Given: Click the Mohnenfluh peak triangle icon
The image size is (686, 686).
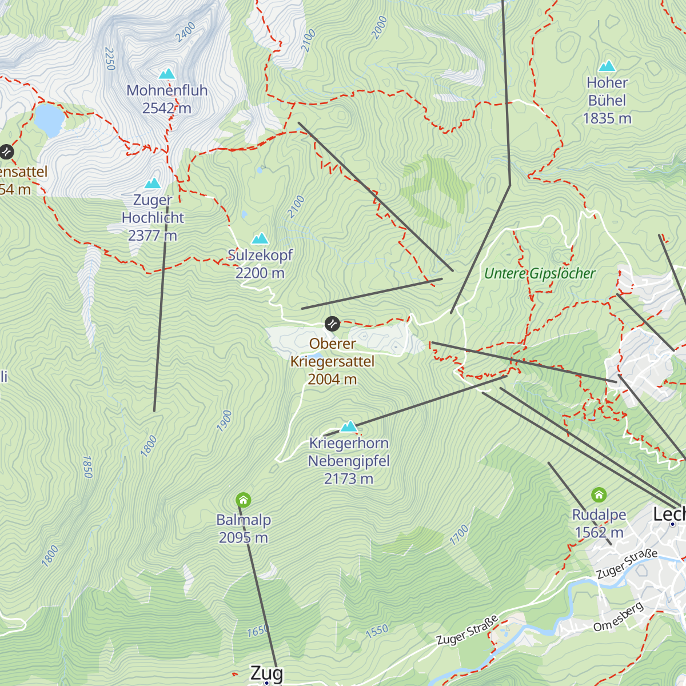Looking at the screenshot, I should (x=167, y=74).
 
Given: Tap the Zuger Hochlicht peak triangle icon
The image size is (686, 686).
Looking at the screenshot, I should (x=153, y=184).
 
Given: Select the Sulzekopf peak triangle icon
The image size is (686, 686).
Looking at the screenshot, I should (x=260, y=238).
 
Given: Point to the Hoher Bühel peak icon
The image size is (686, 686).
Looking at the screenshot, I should (x=607, y=66).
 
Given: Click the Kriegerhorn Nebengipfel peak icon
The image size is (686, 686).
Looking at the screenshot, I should (x=349, y=426).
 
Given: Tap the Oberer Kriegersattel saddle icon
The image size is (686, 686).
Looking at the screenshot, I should (x=332, y=324).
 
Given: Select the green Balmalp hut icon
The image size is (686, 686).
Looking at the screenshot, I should (x=244, y=501).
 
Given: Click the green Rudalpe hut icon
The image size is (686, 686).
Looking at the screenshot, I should (x=599, y=494).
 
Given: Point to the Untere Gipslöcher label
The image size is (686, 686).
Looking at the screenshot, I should (x=540, y=274).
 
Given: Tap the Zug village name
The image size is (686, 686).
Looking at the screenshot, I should (x=266, y=673).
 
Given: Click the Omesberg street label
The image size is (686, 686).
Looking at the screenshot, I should (x=619, y=617).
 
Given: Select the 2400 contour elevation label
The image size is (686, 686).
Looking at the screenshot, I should (x=186, y=32).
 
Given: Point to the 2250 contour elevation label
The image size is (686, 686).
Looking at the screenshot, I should (x=110, y=59).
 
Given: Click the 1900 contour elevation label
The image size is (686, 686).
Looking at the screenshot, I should (x=225, y=421).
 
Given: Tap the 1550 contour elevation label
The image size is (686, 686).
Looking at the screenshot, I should (x=377, y=631).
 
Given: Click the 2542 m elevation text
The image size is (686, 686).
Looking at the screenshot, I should (x=167, y=108).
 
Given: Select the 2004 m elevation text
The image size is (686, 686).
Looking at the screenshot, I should (x=332, y=379).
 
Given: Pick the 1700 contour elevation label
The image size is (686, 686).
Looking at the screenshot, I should (x=459, y=535).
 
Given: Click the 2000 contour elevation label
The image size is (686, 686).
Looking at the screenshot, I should (x=379, y=27).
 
